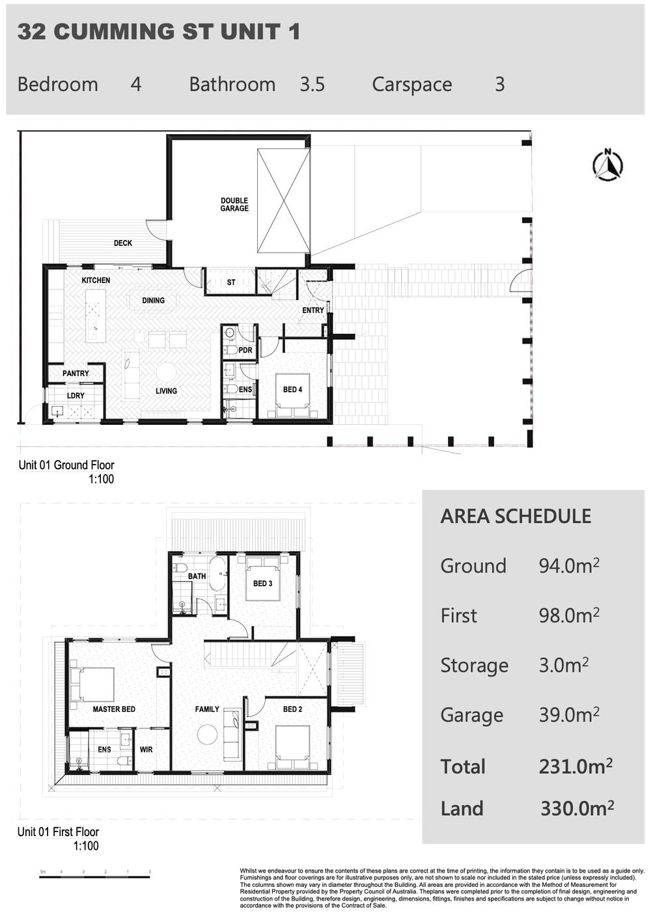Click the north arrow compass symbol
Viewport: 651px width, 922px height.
point(607,165)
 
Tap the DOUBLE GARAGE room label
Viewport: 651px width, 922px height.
point(234,205)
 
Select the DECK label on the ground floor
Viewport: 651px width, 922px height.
point(123,243)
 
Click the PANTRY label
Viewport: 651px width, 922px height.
point(76,373)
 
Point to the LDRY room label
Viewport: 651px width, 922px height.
point(76,396)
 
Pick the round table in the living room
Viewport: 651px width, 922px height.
point(166,372)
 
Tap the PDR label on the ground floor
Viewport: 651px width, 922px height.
point(245,351)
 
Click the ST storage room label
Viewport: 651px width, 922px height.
point(231,283)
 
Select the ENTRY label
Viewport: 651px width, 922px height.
point(313,311)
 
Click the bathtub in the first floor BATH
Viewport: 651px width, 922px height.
point(217,573)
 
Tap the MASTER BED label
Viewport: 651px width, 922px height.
point(114,709)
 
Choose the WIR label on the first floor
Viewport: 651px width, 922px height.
point(146,750)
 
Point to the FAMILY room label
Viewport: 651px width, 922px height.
point(207,709)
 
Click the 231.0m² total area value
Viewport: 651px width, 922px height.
point(575,766)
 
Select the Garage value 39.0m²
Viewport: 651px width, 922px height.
point(569,715)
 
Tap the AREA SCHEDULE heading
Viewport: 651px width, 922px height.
point(516,517)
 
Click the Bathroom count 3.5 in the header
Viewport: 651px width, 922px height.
point(312,85)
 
